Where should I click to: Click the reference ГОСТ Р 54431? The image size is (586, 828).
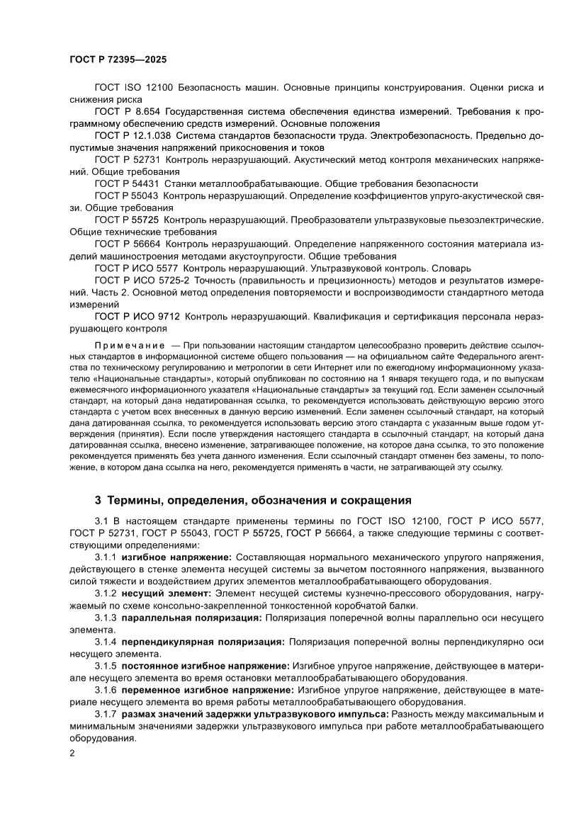pyautogui.click(x=127, y=183)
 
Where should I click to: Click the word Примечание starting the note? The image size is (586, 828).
pyautogui.click(x=131, y=344)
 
